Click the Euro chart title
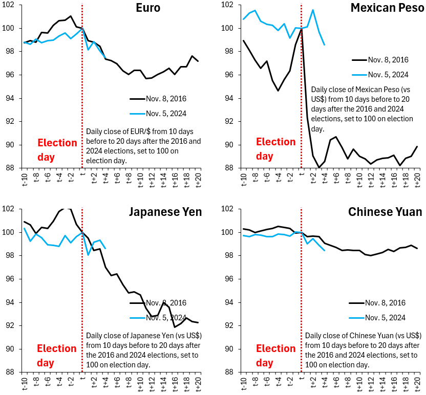coord(147,8)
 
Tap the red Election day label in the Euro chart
coord(57,149)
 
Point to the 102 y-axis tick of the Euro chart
coord(11,5)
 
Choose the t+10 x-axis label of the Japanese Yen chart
coord(140,383)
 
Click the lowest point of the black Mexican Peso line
coord(319,167)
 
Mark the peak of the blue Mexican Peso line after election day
coord(313,10)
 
